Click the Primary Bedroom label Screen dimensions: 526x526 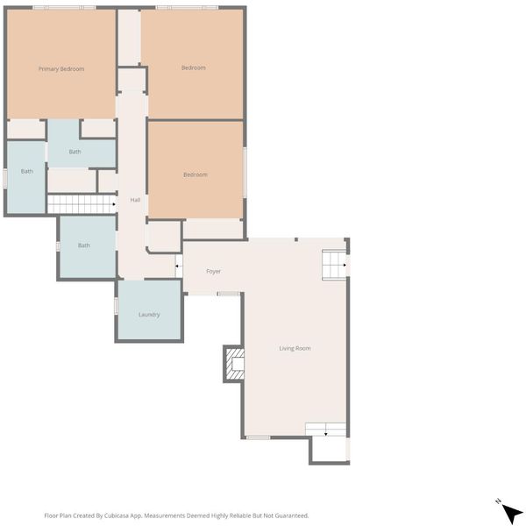point(61,68)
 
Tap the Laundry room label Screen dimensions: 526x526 point(149,315)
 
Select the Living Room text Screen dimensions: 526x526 point(295,348)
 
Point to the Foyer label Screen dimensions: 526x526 point(213,271)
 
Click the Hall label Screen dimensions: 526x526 point(135,200)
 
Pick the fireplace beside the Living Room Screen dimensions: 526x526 point(235,365)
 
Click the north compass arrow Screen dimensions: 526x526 point(512,513)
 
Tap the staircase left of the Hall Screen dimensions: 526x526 point(82,204)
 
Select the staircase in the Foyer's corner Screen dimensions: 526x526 point(334,265)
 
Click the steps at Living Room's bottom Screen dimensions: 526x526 point(325,430)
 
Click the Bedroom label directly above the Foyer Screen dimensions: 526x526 point(195,174)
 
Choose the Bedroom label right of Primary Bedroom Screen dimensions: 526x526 point(194,68)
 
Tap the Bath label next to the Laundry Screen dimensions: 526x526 point(84,245)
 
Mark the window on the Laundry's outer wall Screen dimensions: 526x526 point(116,306)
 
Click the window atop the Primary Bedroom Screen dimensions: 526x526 point(64,7)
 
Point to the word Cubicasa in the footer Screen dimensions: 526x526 point(117,515)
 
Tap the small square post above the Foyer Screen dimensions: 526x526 point(296,239)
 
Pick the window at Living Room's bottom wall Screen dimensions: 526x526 point(259,437)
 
